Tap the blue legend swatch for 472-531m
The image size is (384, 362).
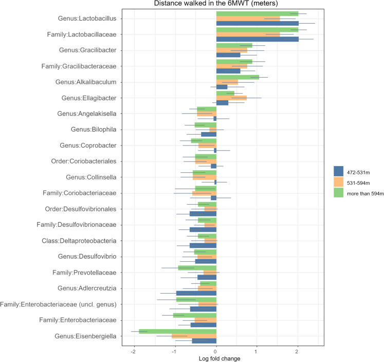338,170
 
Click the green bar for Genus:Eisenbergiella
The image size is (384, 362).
177,331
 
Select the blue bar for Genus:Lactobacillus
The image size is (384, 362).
257,24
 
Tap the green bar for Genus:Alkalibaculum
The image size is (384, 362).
237,77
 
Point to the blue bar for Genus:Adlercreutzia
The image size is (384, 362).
196,293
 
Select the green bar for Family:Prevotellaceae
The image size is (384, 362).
197,267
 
